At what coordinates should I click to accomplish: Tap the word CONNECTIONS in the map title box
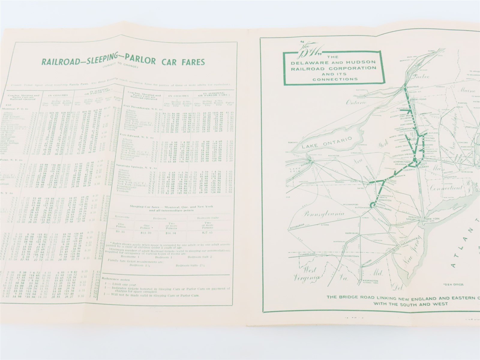(x=335, y=79)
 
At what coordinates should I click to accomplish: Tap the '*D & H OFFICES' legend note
(x=453, y=284)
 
